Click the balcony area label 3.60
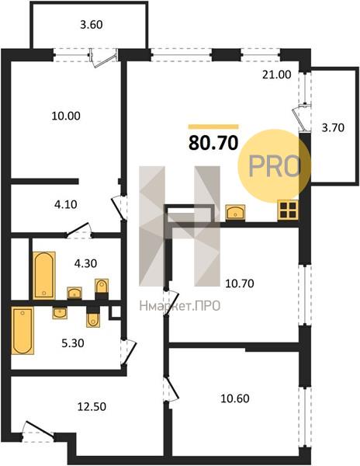[92, 25]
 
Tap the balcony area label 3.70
[333, 128]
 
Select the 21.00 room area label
[277, 75]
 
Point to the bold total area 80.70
[213, 143]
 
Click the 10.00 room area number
[66, 116]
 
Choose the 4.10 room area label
[66, 204]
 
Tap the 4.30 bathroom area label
[85, 263]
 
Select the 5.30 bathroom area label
[73, 343]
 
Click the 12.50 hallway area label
[92, 406]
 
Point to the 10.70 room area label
[240, 283]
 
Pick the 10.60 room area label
[235, 398]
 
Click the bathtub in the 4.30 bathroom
[44, 276]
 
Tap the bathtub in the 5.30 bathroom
[22, 331]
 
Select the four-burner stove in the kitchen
[288, 210]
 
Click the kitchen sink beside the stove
[235, 213]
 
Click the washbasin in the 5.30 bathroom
[60, 313]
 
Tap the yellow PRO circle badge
[274, 166]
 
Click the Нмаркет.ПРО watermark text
[179, 305]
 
